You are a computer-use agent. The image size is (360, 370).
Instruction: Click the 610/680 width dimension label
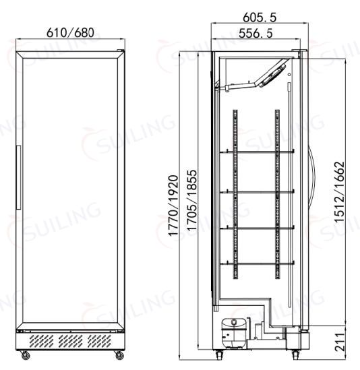70,32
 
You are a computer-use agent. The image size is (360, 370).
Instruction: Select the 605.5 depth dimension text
260,18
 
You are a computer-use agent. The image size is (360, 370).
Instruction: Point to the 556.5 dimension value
256,33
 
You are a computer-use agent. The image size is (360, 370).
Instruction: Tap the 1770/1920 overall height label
173,206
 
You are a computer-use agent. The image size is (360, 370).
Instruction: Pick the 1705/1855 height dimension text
191,200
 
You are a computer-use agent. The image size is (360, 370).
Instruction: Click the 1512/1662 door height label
340,191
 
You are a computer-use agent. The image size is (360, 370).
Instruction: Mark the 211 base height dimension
340,342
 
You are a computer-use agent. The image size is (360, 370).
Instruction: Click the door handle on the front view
18,177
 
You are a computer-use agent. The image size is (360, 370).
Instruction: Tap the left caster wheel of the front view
25,355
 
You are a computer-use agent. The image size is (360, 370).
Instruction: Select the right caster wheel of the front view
119,355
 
